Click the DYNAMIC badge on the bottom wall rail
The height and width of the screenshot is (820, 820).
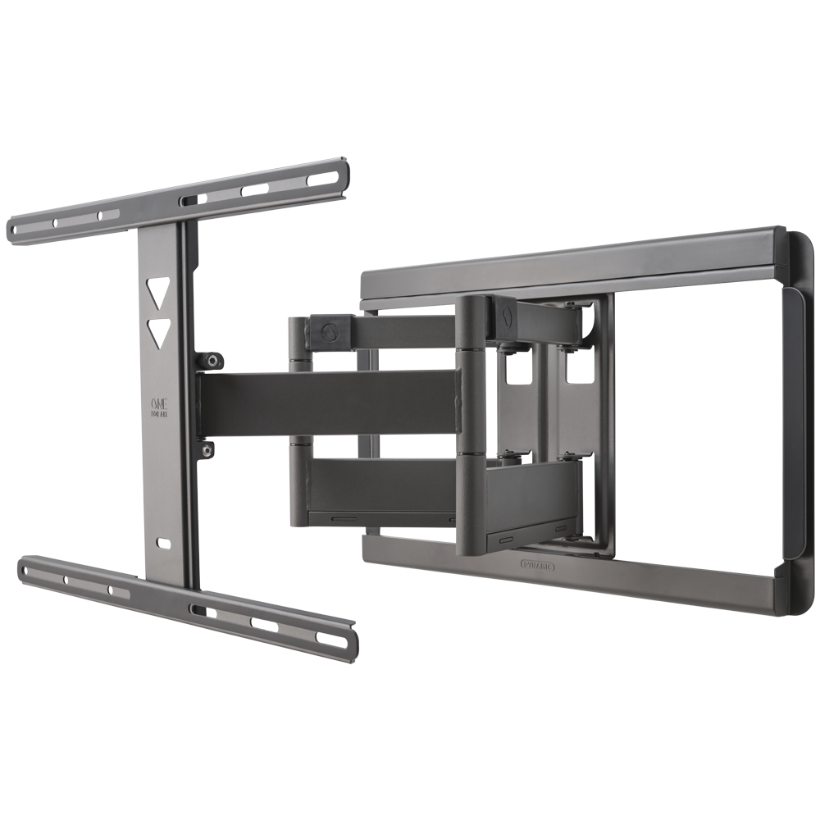point(538,565)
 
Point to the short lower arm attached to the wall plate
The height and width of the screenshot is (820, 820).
point(533,500)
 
